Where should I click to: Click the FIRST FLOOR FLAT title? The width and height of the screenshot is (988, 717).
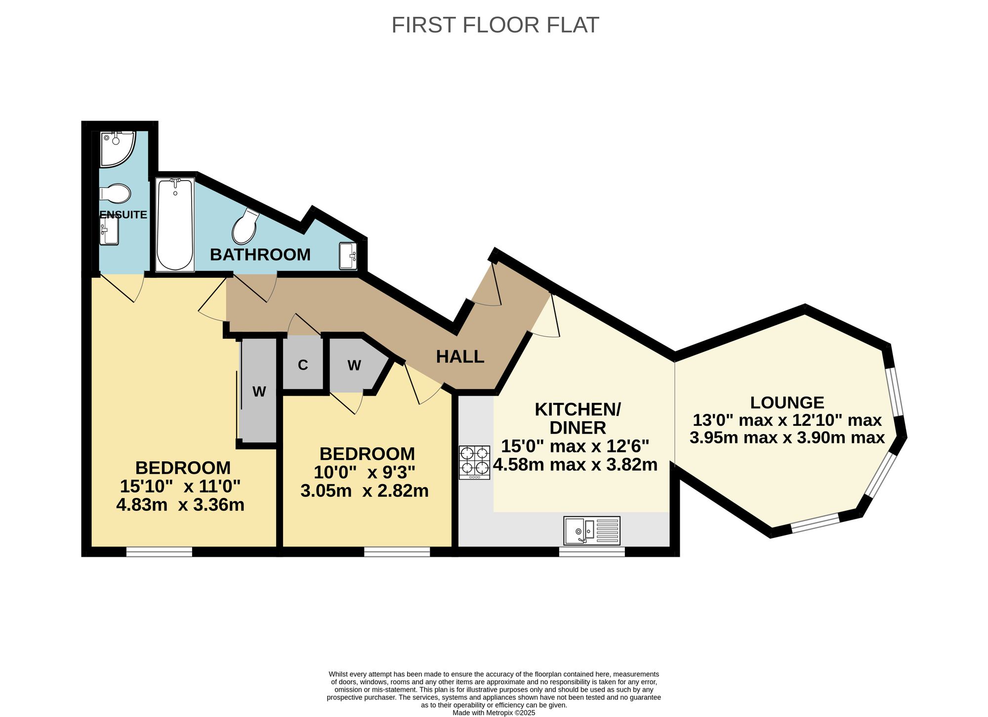(495, 25)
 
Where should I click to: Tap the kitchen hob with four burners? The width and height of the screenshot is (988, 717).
(474, 462)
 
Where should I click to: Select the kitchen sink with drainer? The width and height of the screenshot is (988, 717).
(592, 530)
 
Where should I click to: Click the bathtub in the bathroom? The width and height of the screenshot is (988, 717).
(175, 225)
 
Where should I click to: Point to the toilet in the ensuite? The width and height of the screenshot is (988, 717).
(115, 193)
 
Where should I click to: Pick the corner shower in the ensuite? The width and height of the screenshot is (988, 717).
(117, 149)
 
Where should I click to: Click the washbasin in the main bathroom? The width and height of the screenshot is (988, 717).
(348, 256)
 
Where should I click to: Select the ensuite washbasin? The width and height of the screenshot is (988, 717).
(109, 232)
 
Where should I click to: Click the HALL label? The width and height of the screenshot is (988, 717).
(460, 357)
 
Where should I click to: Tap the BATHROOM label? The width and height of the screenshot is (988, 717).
(260, 255)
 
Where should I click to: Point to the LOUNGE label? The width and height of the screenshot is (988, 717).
(787, 403)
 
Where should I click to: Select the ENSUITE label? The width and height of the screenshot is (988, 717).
(123, 215)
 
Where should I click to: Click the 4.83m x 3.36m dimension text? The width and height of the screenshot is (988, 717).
(180, 505)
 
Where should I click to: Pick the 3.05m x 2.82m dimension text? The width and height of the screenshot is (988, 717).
(365, 491)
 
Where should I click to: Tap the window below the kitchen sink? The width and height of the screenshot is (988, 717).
(592, 552)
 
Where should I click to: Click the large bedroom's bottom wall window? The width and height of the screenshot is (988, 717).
(159, 552)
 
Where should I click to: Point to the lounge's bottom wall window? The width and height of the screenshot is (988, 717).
(815, 523)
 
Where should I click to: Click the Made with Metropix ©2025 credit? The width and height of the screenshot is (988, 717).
(494, 713)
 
